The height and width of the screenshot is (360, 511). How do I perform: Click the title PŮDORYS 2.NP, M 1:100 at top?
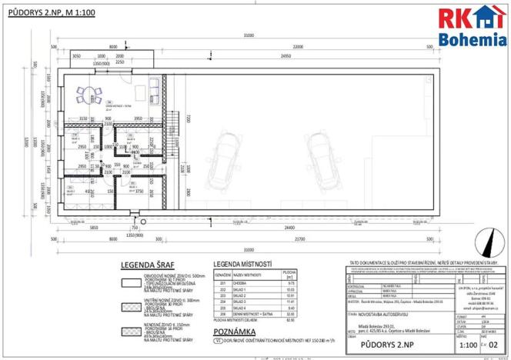(51, 13)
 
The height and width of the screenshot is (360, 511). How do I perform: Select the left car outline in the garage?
(229, 152)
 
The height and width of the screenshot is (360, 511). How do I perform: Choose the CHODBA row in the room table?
(254, 284)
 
